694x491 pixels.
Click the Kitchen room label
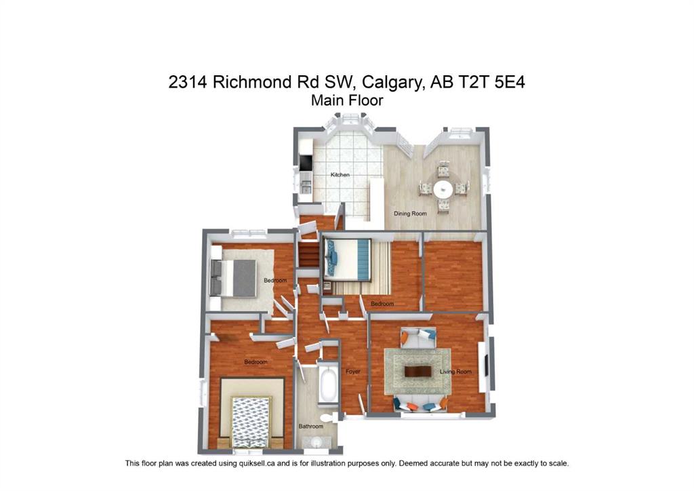(340, 175)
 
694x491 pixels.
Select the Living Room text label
(455, 372)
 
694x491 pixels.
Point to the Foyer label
(352, 372)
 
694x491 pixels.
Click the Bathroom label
(311, 427)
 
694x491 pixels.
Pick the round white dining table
(443, 188)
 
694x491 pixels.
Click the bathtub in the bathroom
(329, 385)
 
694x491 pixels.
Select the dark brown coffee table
(417, 371)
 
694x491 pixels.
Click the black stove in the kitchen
(306, 163)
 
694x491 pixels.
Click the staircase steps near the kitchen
(308, 256)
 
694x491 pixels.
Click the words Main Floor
(347, 100)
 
